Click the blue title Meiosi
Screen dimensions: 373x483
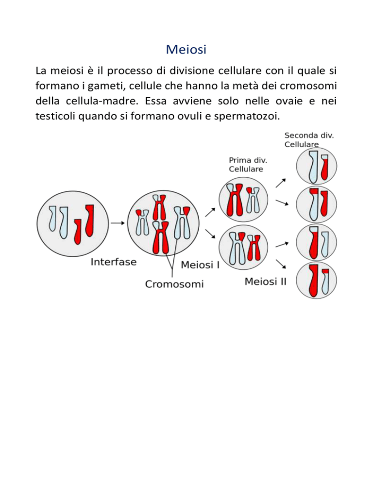pos(186,49)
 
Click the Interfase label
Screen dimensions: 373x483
pos(113,262)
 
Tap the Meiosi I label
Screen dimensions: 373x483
pos(200,265)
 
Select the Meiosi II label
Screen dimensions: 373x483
pos(266,281)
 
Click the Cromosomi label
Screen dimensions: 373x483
pos(174,284)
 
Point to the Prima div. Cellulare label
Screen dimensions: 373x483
pos(248,165)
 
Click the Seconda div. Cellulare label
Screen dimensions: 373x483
pos(309,139)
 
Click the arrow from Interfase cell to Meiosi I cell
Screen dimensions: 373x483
pos(118,223)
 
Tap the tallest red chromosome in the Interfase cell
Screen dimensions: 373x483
pos(90,220)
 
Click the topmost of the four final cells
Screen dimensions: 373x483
pos(316,166)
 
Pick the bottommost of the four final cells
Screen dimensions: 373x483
pos(316,280)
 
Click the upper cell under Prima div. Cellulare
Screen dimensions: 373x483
pos(243,200)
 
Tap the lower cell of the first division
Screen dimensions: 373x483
pos(243,247)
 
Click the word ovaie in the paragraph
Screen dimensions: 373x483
pos(289,101)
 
